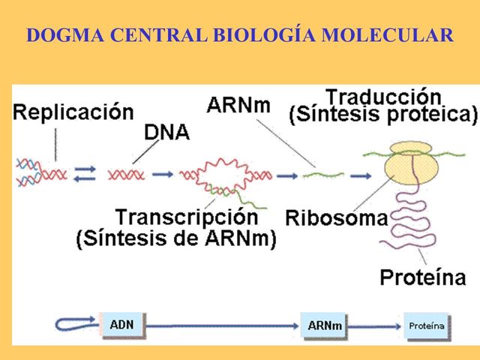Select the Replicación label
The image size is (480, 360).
coord(73,113)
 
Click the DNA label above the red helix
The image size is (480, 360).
coord(166,133)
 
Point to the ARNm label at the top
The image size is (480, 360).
coord(239,104)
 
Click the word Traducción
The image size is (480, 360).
coord(382,97)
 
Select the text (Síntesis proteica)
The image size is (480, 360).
coord(382,115)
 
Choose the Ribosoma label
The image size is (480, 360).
coord(336,218)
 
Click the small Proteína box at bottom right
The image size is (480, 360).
coord(426,325)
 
